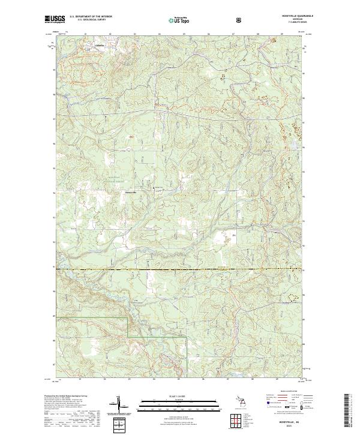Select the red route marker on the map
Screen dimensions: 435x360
[131, 137]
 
